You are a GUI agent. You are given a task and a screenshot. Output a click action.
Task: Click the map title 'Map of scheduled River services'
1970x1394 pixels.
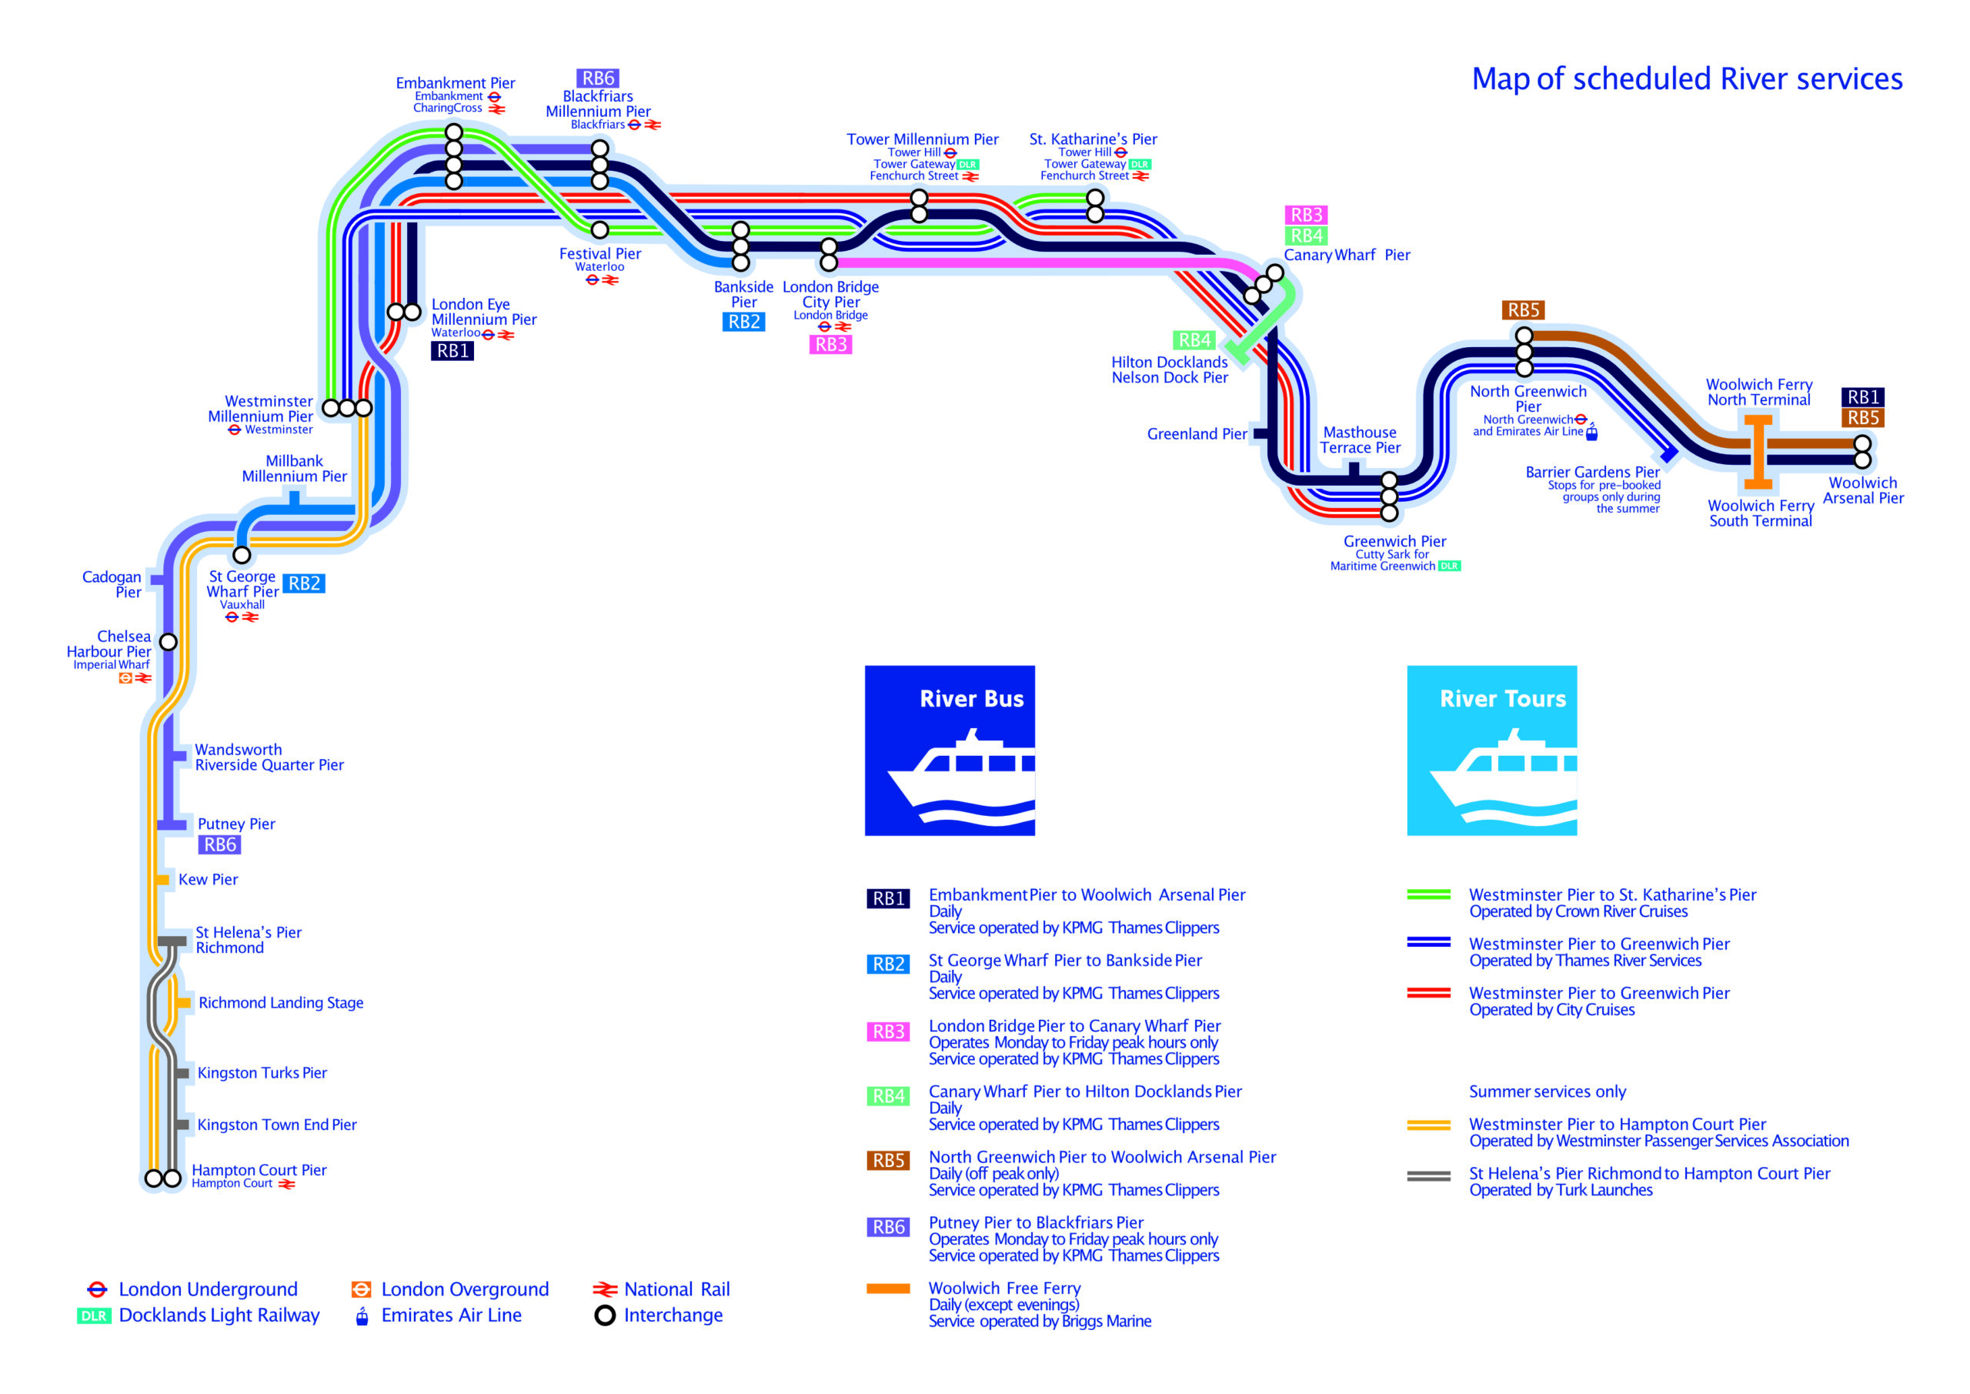(1686, 79)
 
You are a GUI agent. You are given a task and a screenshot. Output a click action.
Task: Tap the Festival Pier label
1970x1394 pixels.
(599, 254)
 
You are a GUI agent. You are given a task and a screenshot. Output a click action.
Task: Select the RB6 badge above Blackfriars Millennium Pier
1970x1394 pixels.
(598, 78)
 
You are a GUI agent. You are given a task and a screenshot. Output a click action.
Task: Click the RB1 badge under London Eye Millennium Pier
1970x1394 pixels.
(452, 351)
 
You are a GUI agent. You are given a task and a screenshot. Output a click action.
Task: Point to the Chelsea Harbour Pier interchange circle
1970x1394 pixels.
(169, 642)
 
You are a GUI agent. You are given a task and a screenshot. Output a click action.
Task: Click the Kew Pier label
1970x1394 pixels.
(208, 880)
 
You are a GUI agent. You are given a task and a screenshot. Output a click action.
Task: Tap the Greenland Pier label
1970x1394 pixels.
(1196, 434)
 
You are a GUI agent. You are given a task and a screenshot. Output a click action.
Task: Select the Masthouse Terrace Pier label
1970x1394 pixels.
(1360, 440)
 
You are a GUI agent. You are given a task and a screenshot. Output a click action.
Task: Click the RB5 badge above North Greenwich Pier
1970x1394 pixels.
(1523, 310)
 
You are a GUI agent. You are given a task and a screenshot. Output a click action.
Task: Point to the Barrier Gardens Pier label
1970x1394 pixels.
(1591, 473)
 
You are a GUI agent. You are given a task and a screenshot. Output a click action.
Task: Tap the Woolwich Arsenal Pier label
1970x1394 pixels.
(1863, 491)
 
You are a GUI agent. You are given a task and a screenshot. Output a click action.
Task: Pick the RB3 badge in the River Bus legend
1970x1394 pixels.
(888, 1031)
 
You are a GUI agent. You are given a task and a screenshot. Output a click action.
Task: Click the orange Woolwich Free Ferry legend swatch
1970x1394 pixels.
(888, 1289)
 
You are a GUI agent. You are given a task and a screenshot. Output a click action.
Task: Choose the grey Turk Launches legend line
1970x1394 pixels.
(1428, 1176)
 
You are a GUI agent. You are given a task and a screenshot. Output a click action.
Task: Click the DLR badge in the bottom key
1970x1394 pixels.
(94, 1316)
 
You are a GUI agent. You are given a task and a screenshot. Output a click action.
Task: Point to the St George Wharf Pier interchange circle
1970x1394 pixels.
(242, 556)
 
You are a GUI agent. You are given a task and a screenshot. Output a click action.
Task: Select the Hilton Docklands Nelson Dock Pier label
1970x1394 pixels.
(1170, 370)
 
